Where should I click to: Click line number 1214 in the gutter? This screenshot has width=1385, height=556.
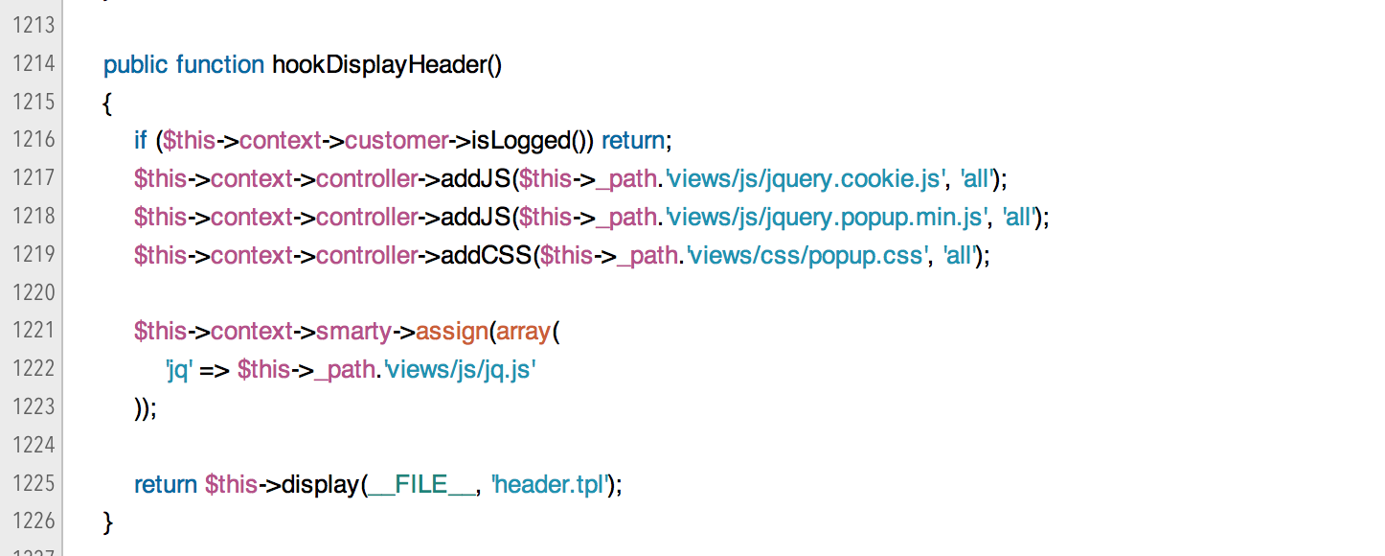[34, 64]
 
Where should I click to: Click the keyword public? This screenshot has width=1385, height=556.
[136, 64]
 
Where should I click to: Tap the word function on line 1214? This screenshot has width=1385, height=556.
[220, 64]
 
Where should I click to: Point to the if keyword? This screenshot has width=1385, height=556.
[140, 141]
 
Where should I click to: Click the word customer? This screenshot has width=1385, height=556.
[396, 141]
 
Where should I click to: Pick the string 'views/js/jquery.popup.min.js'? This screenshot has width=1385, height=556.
[826, 218]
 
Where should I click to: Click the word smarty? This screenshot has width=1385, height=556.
[353, 332]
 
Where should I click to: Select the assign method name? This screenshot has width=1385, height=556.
[452, 332]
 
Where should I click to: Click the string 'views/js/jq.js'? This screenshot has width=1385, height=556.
[459, 370]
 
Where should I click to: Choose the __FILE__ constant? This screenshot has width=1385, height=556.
[421, 485]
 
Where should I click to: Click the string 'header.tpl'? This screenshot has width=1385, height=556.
[551, 485]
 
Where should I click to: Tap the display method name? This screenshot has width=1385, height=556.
[321, 485]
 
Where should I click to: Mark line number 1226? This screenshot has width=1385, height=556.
[34, 522]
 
